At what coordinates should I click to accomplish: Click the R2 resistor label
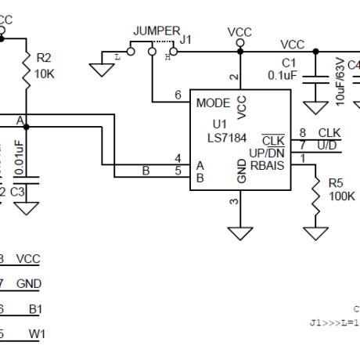[45, 57]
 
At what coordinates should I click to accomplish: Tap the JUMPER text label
[156, 31]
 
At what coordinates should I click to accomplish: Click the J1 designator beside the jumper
[185, 38]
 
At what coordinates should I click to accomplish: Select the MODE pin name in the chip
[213, 103]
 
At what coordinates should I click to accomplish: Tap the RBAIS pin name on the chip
[267, 165]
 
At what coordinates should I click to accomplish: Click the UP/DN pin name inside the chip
[266, 153]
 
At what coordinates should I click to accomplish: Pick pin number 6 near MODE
[178, 95]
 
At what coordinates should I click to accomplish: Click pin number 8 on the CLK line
[302, 133]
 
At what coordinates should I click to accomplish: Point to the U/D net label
[328, 146]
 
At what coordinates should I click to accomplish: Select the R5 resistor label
[336, 182]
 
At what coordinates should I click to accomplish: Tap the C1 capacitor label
[290, 63]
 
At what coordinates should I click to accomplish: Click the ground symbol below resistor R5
[316, 232]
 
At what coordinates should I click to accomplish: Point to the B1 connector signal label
[35, 309]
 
